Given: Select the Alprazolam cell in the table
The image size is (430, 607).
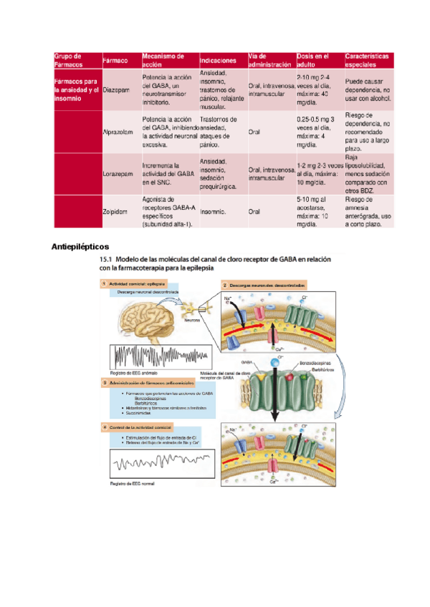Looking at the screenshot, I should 118,132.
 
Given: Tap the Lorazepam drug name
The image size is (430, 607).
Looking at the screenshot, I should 117,173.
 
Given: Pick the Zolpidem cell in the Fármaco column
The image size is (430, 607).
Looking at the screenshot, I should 115,212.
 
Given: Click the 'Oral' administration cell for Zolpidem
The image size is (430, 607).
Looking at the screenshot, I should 254,212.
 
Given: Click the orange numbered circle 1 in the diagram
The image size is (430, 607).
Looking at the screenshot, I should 102,284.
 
